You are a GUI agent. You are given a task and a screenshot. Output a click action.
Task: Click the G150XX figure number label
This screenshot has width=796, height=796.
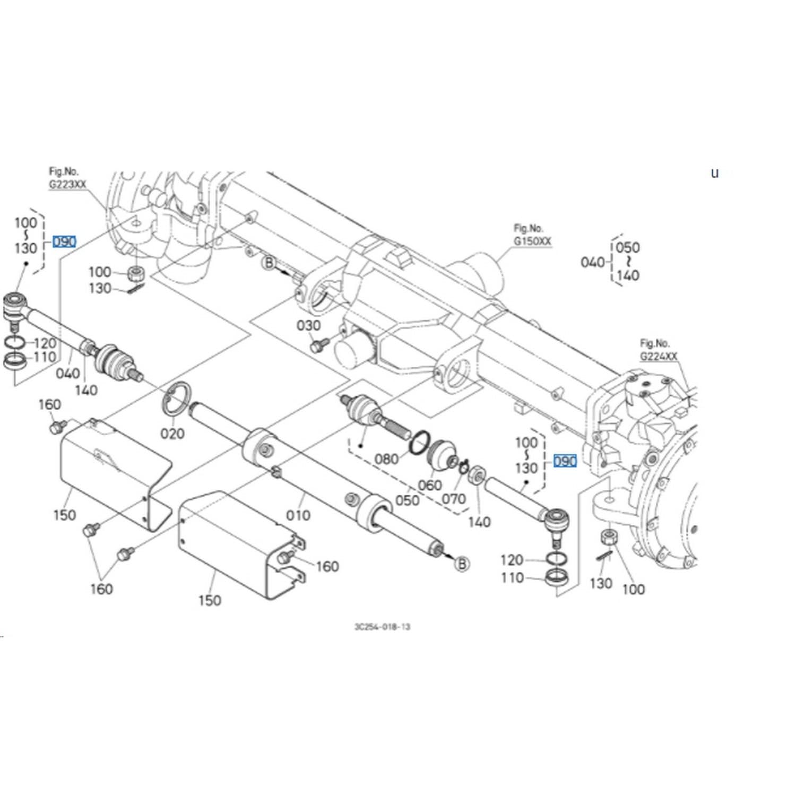[532, 241]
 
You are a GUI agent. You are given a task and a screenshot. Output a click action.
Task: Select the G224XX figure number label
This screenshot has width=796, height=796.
[659, 356]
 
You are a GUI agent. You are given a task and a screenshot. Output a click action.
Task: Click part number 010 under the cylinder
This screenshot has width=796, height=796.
[298, 515]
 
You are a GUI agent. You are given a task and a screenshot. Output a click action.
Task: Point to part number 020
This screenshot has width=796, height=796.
[172, 434]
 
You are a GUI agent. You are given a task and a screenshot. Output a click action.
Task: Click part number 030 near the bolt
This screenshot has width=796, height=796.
[308, 325]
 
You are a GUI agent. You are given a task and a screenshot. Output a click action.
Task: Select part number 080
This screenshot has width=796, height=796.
[386, 458]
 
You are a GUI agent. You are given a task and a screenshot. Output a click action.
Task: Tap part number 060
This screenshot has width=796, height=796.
[429, 484]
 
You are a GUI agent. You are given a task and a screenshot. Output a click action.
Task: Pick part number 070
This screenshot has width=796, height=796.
[454, 498]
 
